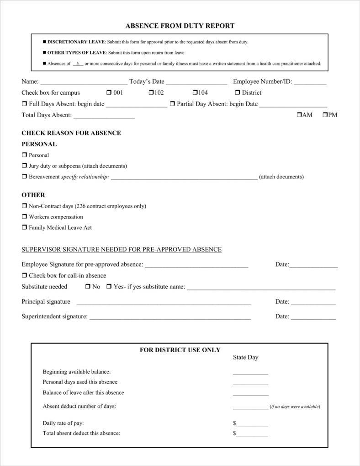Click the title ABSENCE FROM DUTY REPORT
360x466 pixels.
(x=180, y=26)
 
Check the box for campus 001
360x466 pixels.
(x=109, y=93)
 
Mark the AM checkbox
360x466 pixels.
(x=299, y=115)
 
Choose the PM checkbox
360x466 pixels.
(x=325, y=115)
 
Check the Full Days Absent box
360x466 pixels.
(x=24, y=104)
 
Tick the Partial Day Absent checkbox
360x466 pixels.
(x=172, y=104)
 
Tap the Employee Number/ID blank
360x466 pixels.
(x=310, y=83)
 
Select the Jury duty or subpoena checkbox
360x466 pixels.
(x=24, y=166)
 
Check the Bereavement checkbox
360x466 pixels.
(x=24, y=177)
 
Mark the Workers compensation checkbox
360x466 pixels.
(x=24, y=217)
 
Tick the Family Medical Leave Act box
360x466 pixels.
(x=24, y=227)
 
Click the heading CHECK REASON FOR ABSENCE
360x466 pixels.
(x=71, y=133)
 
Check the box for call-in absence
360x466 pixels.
(x=24, y=276)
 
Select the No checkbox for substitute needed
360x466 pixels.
(x=88, y=287)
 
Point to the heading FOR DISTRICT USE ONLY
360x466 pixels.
(x=180, y=350)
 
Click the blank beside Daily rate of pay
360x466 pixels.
(x=252, y=424)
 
